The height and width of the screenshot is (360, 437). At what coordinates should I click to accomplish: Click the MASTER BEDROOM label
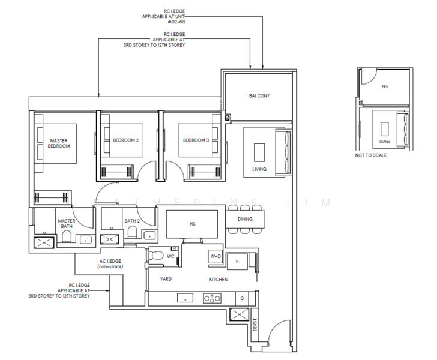(59, 143)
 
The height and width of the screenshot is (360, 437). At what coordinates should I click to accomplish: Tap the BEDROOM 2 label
(126, 140)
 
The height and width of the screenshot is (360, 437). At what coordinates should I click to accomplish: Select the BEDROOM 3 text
(196, 140)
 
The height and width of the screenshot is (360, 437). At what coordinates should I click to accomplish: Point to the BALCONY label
(259, 95)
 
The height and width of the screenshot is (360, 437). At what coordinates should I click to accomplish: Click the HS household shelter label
(193, 224)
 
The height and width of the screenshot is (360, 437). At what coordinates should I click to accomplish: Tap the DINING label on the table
(245, 219)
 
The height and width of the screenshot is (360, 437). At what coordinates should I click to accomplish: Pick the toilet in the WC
(157, 255)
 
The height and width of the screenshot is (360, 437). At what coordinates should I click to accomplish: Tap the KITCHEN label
(218, 280)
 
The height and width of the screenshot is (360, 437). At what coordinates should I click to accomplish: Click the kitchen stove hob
(212, 297)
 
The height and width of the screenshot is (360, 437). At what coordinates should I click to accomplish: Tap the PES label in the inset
(385, 86)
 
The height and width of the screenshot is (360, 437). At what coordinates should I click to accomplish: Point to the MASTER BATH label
(67, 223)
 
